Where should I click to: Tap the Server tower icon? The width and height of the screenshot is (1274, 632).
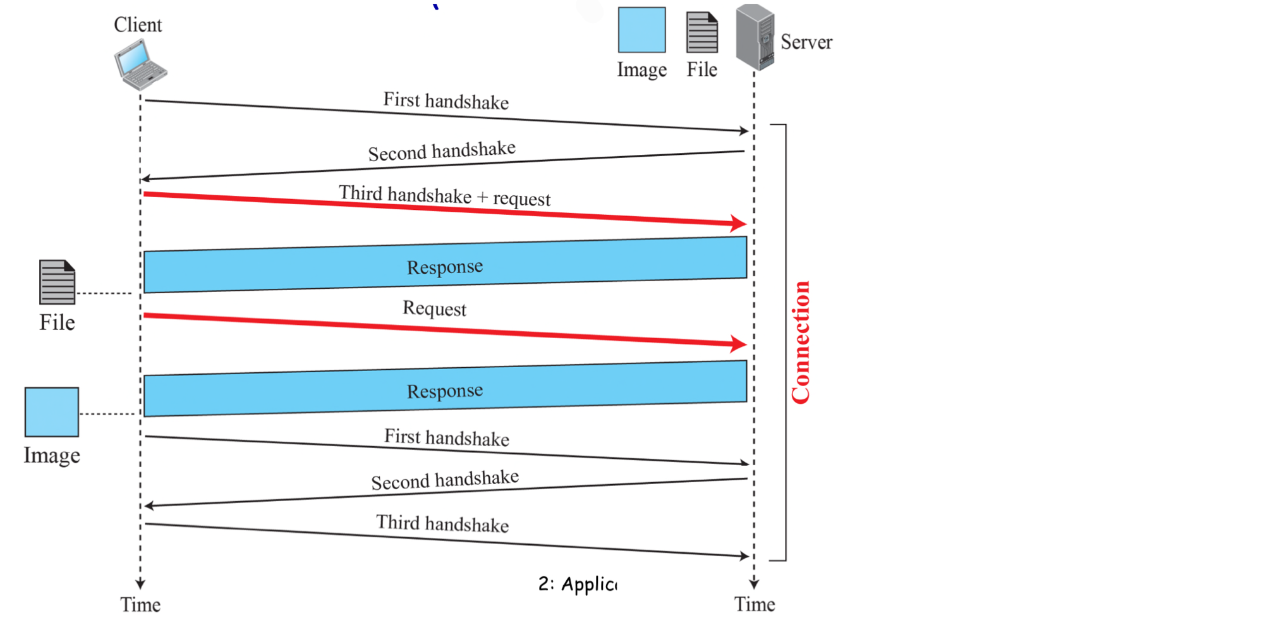(x=755, y=37)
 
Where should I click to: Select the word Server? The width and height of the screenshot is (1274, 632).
(x=806, y=42)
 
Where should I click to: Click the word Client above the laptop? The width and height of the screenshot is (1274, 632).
(x=138, y=25)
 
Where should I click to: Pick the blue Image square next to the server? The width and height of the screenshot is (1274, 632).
(x=641, y=30)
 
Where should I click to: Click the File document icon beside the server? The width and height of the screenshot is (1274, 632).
(x=702, y=32)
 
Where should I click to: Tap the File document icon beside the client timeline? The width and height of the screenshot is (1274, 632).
(x=57, y=282)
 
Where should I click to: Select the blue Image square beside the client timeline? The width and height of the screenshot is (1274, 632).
(x=52, y=412)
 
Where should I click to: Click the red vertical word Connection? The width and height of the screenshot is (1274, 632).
(x=801, y=342)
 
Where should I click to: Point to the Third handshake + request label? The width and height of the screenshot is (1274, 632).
(x=444, y=196)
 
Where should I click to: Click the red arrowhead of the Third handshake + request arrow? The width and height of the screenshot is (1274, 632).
(x=739, y=222)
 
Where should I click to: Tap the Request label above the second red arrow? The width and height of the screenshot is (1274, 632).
(x=434, y=308)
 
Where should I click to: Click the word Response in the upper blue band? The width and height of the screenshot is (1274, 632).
(x=445, y=267)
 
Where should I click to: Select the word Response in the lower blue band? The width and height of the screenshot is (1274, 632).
(x=445, y=391)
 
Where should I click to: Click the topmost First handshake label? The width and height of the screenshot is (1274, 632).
(x=446, y=101)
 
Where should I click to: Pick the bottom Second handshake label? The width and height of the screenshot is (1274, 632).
(x=445, y=480)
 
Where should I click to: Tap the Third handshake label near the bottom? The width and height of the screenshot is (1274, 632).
(x=442, y=524)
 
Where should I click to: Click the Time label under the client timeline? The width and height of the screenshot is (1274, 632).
(x=140, y=605)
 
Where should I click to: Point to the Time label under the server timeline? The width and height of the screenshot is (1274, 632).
(x=755, y=604)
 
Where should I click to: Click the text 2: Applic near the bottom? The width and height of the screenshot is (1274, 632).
(x=577, y=584)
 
